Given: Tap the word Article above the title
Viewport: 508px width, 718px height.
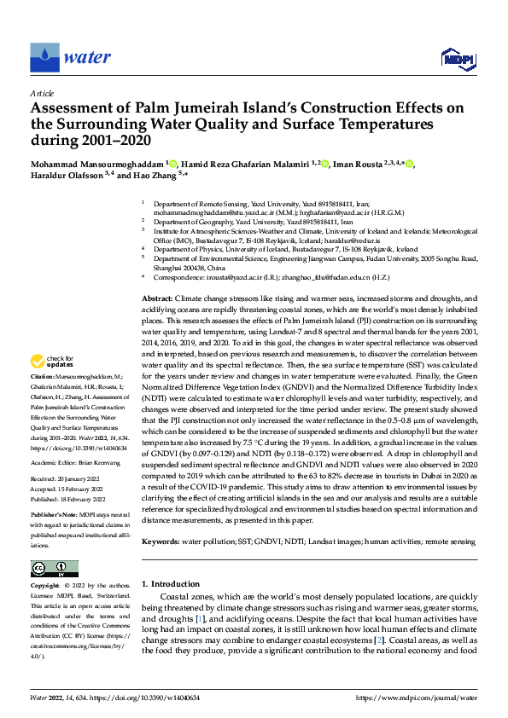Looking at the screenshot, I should [42, 93].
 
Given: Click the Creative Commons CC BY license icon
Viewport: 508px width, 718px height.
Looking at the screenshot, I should [54, 569].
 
